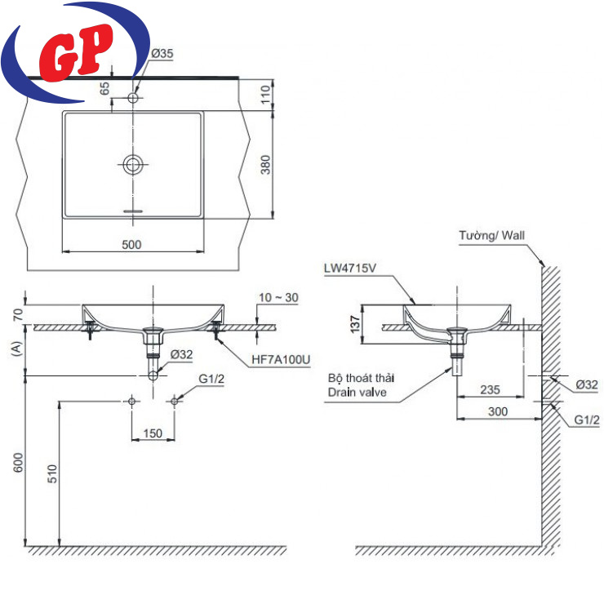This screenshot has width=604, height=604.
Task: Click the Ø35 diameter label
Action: point(162,53)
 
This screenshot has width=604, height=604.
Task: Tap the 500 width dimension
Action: point(131,243)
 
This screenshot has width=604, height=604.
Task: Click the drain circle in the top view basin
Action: point(133,164)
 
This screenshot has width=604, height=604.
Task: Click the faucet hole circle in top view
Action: point(134,98)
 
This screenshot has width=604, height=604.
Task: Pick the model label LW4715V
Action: point(349,267)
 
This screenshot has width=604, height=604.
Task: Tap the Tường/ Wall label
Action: point(491,236)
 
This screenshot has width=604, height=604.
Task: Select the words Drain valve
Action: point(357,393)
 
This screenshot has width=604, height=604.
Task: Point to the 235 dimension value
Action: point(490,390)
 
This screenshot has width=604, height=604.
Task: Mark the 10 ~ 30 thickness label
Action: point(276,297)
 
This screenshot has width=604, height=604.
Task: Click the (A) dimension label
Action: point(16,350)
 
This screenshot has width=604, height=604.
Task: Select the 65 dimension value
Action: point(104,88)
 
